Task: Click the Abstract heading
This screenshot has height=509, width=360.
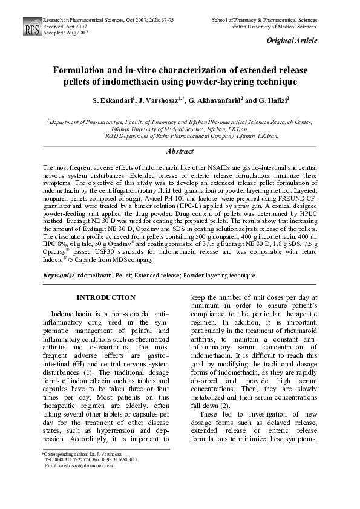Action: [180, 151]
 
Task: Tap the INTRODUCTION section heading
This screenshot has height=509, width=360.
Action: [106, 297]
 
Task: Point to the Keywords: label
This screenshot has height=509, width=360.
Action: [58, 275]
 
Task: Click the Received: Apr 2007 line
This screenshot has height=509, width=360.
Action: [65, 27]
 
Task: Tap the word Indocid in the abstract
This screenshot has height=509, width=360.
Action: [55, 260]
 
